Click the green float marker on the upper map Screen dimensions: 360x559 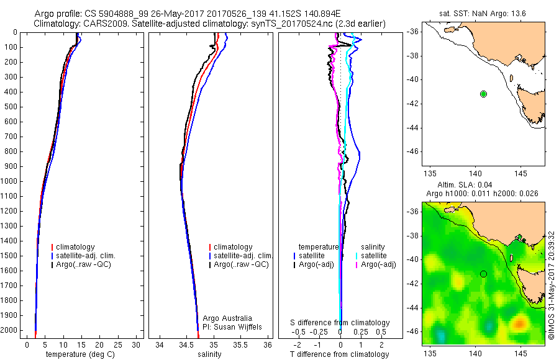point(483,94)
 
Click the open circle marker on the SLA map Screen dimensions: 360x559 point(483,274)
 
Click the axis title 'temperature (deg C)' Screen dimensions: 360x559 point(80,354)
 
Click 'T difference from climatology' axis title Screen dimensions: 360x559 point(340,354)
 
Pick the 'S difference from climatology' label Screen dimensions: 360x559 point(340,323)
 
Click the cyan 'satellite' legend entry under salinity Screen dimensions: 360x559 point(373,256)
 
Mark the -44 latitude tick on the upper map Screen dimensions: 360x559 point(413,127)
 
